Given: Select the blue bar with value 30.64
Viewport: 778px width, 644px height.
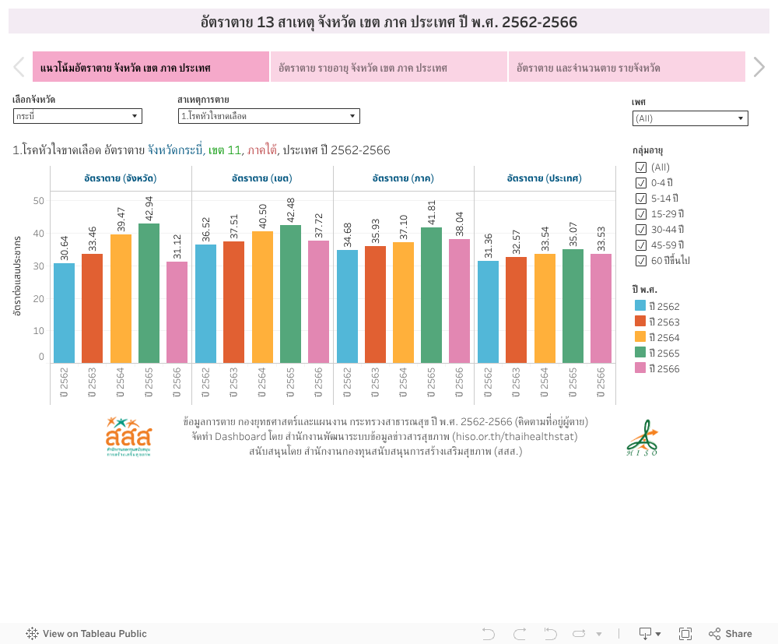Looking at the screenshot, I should tap(65, 313).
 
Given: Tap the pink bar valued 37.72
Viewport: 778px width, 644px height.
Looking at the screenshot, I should tap(318, 301).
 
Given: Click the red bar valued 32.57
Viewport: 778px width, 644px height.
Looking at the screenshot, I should tap(516, 310).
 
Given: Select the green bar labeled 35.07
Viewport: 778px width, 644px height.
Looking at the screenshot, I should tap(573, 306).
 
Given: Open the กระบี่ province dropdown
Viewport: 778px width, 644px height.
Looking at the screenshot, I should tap(77, 116).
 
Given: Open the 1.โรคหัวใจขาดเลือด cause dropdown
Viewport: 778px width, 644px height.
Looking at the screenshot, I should tap(268, 116).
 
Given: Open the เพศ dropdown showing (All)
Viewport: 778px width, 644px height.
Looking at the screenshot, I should tap(689, 118).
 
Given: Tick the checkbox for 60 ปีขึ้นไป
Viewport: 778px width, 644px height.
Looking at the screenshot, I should tap(641, 261).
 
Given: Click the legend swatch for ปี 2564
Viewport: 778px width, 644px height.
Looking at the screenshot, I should tap(640, 337).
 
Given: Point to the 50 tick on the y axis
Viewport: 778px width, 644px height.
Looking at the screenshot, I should tap(38, 201).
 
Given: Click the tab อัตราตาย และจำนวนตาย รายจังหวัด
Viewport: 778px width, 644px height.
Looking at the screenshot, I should tap(626, 68).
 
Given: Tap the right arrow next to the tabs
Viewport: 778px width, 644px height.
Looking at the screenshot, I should tap(759, 68).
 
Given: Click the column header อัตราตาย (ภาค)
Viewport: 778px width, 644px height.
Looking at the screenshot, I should tap(403, 178).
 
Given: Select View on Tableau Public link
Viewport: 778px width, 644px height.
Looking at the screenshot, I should tap(86, 634).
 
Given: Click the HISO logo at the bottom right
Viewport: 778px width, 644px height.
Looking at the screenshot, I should tap(643, 438).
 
